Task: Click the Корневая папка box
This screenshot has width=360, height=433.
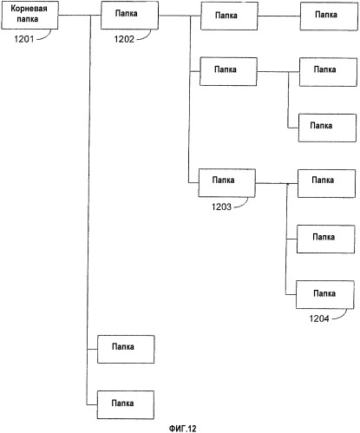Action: coord(30,15)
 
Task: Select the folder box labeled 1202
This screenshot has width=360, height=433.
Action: coord(129,15)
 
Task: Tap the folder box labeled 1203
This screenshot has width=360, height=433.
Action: coord(227,183)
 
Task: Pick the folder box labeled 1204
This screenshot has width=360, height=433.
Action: coord(325,294)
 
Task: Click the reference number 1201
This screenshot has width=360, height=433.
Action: coord(24,39)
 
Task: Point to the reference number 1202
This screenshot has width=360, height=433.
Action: coord(124,39)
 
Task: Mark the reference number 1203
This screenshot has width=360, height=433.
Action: coord(221,207)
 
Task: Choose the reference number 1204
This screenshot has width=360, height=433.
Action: coord(319,318)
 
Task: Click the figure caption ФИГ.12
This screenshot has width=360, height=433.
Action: coord(182,429)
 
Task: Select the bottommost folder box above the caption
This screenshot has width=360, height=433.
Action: coord(126,405)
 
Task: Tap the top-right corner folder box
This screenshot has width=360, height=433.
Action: coord(329,16)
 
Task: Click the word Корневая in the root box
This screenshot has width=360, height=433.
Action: coord(29,9)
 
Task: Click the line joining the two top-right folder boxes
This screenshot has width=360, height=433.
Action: coord(278,16)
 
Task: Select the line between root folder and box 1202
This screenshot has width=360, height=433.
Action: coord(80,15)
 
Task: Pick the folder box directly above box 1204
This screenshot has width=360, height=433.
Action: coord(326,239)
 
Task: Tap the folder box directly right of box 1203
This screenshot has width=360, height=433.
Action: coord(327,184)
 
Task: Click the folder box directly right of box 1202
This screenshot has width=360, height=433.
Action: coord(229,16)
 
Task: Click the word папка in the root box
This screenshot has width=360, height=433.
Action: coord(28,20)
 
